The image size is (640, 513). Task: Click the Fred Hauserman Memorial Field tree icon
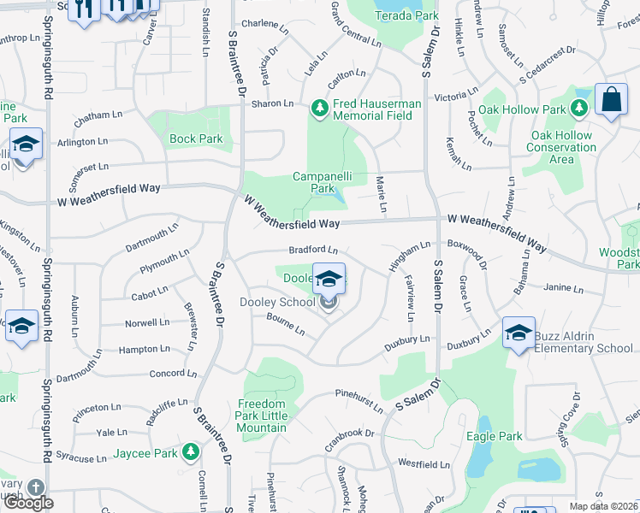tap(320, 108)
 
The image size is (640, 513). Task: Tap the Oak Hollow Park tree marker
tap(578, 109)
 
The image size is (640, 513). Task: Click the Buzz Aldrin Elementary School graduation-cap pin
tap(519, 334)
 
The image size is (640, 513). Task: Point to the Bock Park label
tap(196, 139)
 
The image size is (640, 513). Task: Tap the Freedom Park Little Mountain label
tap(261, 416)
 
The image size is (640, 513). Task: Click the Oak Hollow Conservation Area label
tap(561, 147)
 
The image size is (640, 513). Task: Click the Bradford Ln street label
tap(313, 250)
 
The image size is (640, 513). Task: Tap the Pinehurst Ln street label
tap(359, 401)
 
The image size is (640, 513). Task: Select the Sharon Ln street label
tap(272, 103)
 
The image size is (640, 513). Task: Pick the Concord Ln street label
tap(173, 374)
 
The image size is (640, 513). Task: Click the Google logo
tap(28, 502)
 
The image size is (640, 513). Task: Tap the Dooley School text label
tap(277, 302)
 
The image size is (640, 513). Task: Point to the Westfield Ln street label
tap(424, 465)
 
